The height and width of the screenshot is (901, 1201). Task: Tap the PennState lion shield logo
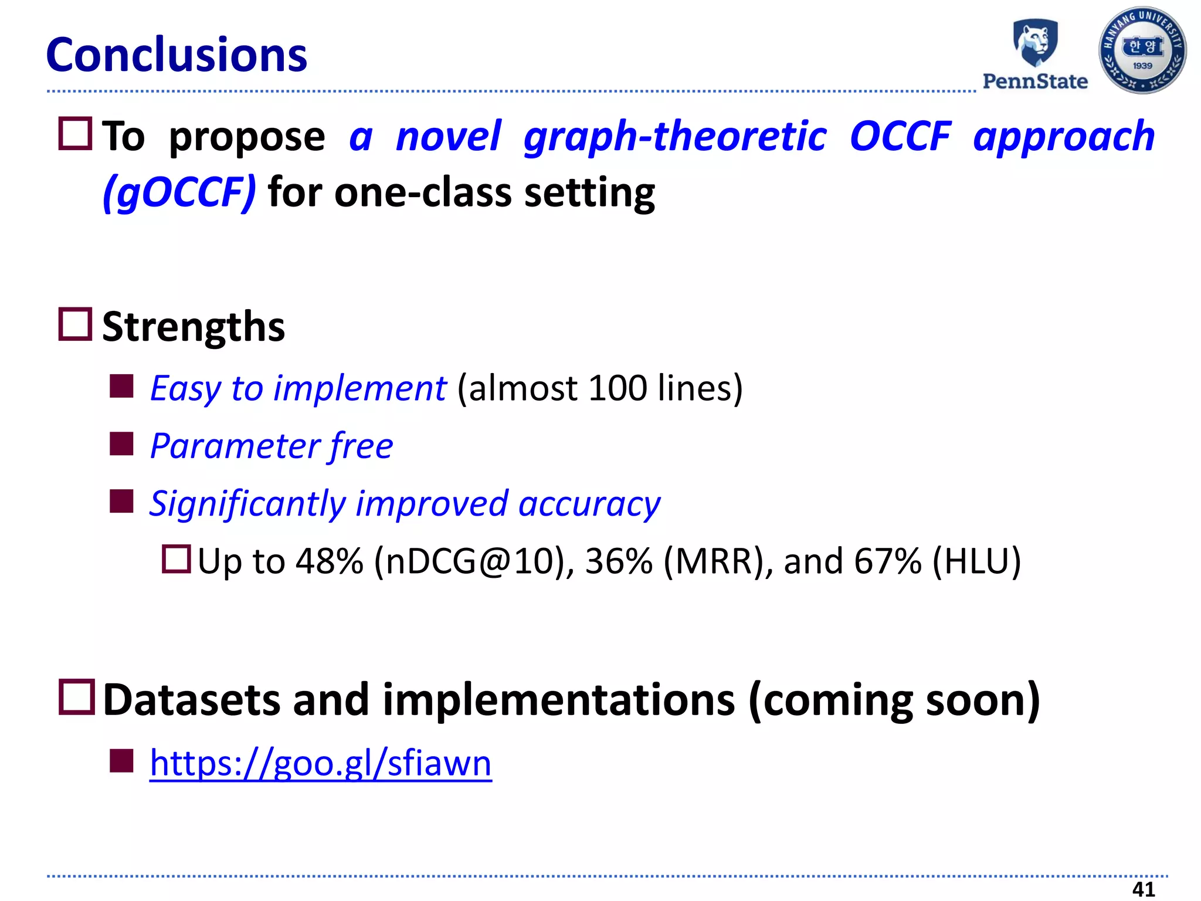1036,43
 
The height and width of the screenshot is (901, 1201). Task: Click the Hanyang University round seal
1142,50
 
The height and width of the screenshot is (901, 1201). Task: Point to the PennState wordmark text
1035,81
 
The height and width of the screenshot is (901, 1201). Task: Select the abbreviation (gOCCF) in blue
179,192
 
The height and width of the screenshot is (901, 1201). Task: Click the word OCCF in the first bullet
900,136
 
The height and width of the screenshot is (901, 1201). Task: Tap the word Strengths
194,327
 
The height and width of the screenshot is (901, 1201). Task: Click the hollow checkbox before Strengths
75,324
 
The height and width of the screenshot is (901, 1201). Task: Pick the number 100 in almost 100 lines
618,388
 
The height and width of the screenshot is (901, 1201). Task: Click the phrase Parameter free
272,446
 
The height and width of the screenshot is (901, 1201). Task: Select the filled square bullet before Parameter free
122,443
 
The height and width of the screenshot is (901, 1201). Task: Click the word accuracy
589,503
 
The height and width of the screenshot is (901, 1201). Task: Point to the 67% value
887,561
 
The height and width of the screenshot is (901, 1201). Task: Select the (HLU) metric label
977,561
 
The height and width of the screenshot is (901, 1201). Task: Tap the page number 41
1143,889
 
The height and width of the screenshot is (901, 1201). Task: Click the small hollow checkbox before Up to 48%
177,559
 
